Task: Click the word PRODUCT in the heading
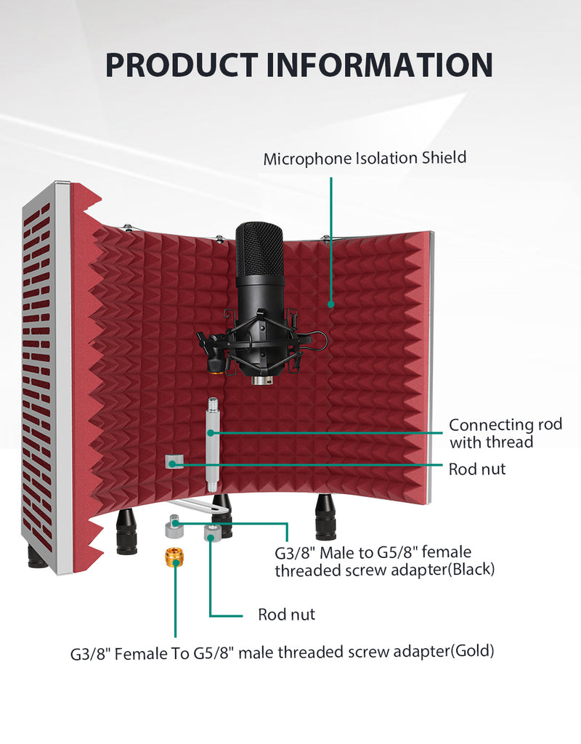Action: coord(181,65)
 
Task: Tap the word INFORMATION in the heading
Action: coord(379,65)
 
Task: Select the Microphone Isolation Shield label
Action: coord(365,158)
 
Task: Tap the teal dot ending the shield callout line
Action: coord(331,304)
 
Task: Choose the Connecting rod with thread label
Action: coord(505,433)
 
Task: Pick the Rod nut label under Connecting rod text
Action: coord(477,469)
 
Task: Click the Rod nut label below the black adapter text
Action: coord(286,615)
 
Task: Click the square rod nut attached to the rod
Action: coord(174,461)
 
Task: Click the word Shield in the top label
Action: coord(444,158)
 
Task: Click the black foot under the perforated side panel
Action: coord(37,557)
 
